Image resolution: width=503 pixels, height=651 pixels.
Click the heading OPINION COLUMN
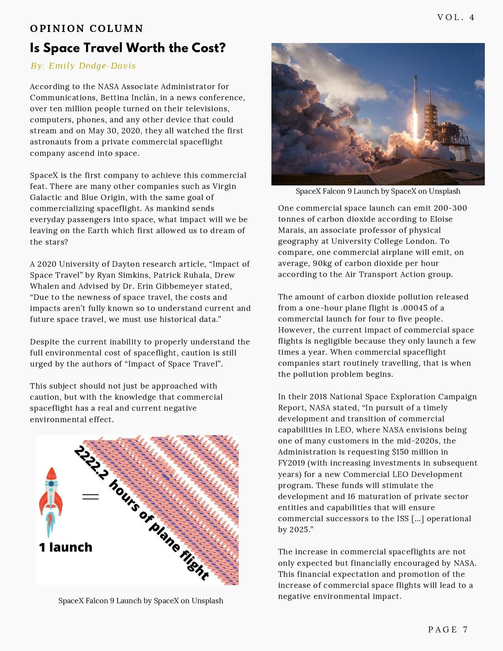[86, 29]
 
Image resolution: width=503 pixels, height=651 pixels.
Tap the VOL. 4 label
[456, 17]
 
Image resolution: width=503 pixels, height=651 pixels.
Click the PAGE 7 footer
[448, 629]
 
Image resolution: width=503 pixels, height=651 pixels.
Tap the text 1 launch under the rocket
[65, 547]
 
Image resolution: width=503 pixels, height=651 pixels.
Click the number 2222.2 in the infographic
[90, 463]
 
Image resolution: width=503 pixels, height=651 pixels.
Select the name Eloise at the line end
[441, 219]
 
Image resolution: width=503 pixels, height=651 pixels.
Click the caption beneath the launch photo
[378, 191]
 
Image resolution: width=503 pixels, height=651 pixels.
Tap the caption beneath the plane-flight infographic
[141, 600]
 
